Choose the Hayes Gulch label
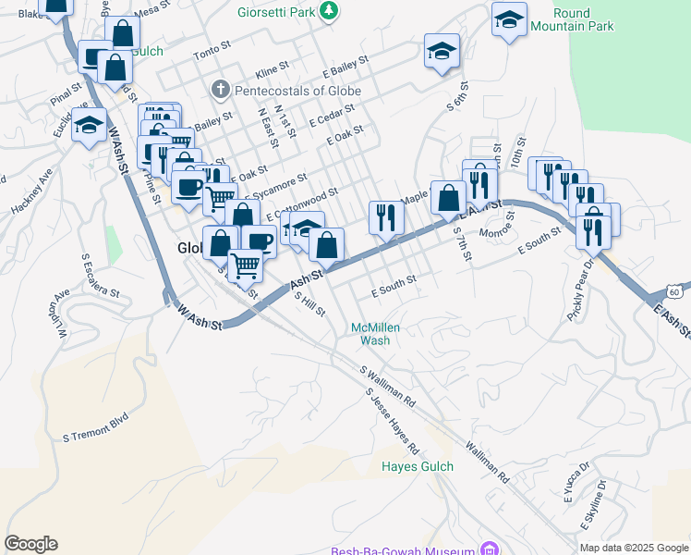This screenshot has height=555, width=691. [x=418, y=466]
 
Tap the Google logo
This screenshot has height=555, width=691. [x=30, y=544]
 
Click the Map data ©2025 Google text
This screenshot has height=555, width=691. [x=633, y=548]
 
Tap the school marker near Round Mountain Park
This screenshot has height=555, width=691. [x=509, y=20]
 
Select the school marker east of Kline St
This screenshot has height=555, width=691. [x=442, y=50]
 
